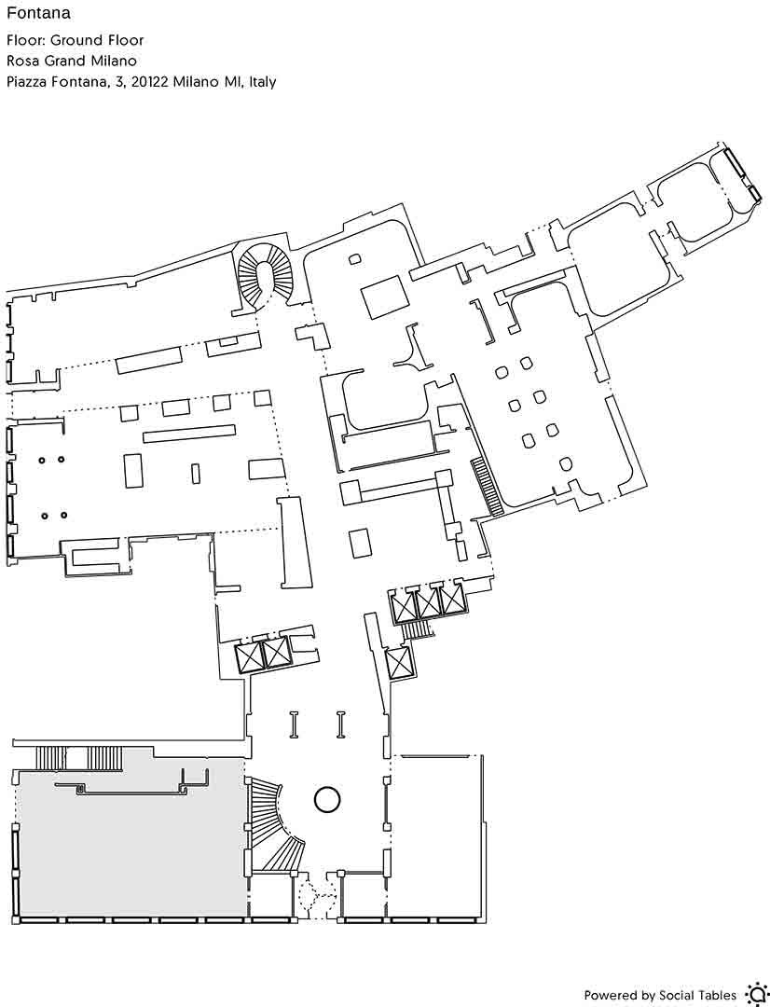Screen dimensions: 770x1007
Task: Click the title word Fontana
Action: pos(38,13)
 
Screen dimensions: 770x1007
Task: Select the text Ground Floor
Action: pos(97,40)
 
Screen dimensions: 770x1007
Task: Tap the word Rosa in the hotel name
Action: pos(21,61)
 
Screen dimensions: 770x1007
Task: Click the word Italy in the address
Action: pos(263,82)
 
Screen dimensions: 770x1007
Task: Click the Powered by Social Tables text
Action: pos(660,996)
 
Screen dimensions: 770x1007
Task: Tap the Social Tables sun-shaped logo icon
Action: pos(756,994)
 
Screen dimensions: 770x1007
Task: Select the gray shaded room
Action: pos(129,841)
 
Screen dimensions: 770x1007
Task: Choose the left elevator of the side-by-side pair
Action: pos(249,656)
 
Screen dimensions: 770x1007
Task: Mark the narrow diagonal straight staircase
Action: pos(488,486)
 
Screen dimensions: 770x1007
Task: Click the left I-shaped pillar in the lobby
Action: pos(295,724)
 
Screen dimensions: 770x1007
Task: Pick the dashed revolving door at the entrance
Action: pos(317,894)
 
